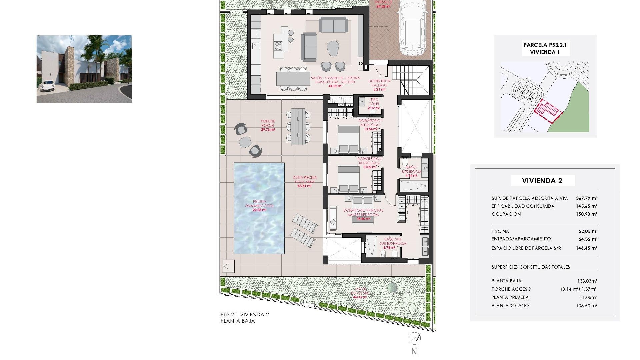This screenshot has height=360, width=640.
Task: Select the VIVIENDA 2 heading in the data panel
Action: click(542, 181)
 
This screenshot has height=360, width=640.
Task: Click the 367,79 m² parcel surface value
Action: click(586, 198)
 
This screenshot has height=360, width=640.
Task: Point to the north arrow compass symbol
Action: click(414, 339)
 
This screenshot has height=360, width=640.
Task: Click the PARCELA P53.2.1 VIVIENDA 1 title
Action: click(545, 49)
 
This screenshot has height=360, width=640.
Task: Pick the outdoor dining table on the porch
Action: click(298, 126)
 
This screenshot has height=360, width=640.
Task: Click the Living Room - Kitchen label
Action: click(335, 82)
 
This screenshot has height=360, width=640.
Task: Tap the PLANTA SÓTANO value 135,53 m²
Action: click(586, 306)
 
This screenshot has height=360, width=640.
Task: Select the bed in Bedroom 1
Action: click(348, 138)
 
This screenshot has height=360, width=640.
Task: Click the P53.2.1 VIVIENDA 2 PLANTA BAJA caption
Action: click(244, 318)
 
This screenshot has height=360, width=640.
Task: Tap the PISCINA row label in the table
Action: click(500, 231)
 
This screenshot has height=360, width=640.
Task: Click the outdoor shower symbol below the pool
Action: click(228, 266)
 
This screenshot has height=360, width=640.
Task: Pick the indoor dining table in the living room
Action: click(293, 79)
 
